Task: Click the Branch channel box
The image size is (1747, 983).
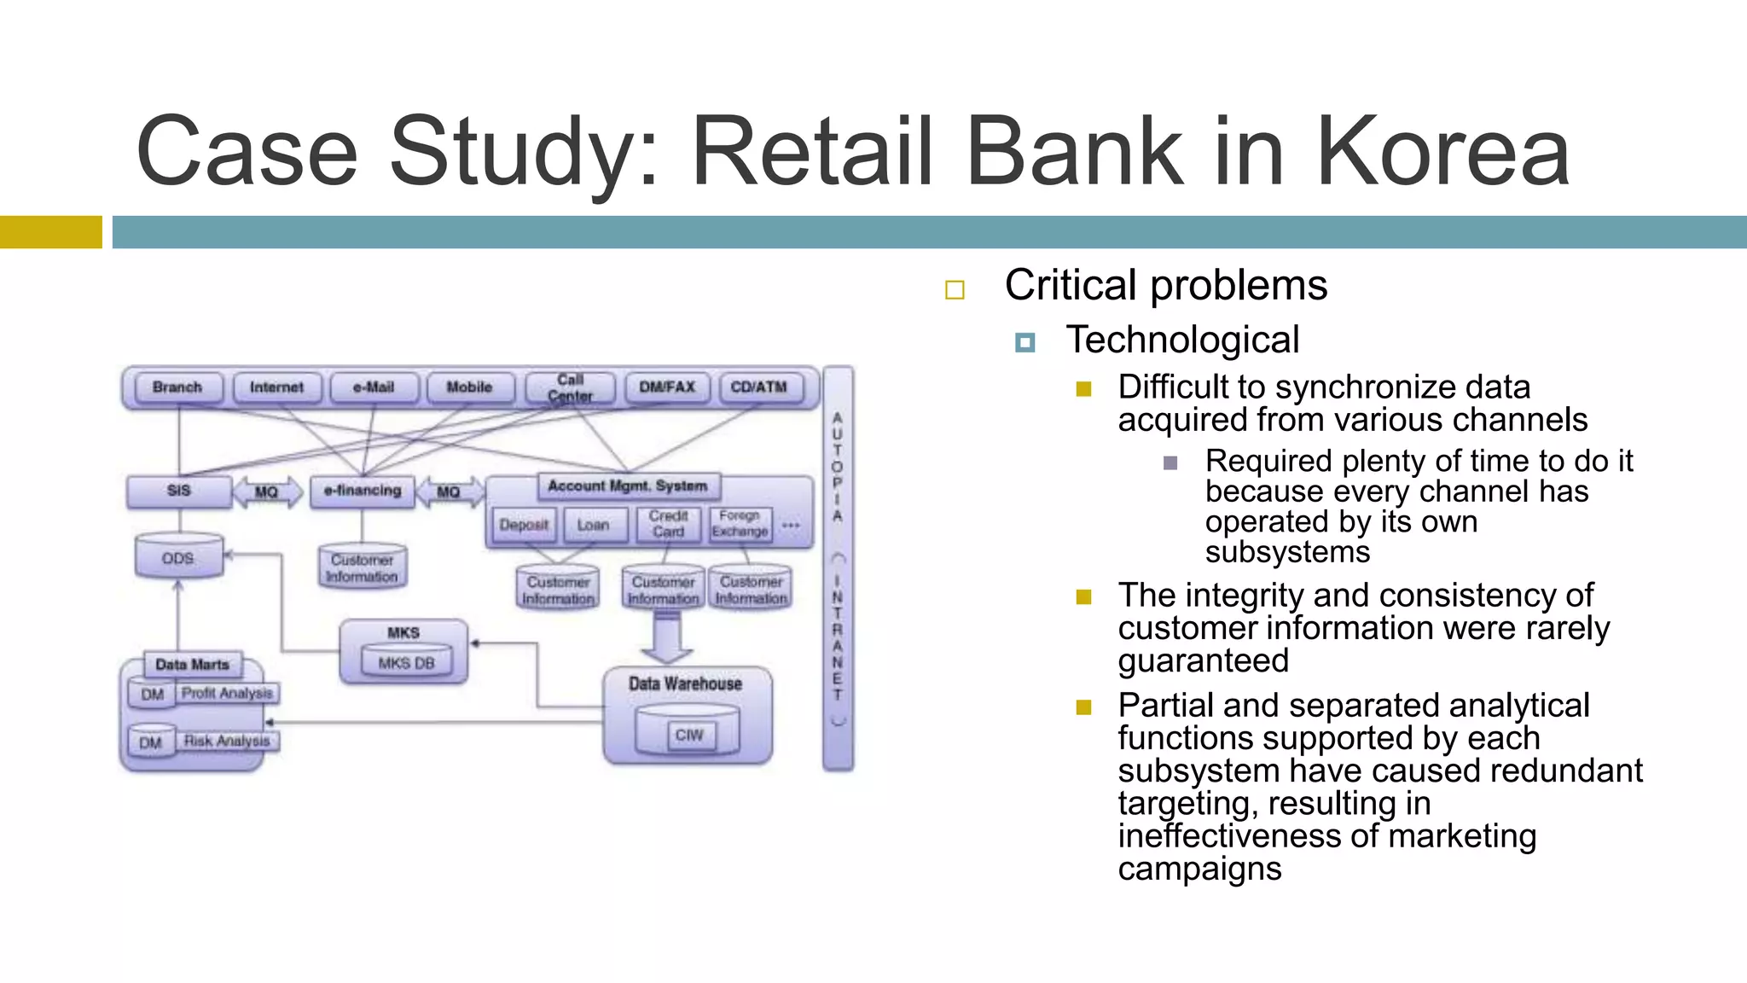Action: (177, 387)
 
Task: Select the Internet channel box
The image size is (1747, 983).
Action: (276, 387)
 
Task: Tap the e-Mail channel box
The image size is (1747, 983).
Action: (374, 387)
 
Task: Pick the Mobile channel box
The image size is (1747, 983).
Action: (470, 387)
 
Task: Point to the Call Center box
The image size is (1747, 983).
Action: (570, 387)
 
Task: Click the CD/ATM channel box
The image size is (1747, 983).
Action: (758, 387)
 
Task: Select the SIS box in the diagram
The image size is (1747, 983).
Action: (179, 491)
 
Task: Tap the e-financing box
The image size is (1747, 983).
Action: (363, 491)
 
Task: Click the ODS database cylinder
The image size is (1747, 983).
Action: (178, 557)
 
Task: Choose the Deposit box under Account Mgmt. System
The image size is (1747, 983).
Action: (524, 525)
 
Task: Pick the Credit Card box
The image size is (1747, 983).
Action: (668, 524)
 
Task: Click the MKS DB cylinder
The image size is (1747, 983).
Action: (406, 662)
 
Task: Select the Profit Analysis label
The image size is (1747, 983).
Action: (228, 694)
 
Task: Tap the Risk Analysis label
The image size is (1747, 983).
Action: (227, 742)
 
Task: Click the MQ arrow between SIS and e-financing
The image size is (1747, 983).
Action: (267, 492)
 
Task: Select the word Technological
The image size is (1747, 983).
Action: (1182, 340)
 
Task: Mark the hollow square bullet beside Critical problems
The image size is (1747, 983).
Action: (955, 290)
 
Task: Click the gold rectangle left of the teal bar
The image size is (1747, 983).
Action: (50, 232)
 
